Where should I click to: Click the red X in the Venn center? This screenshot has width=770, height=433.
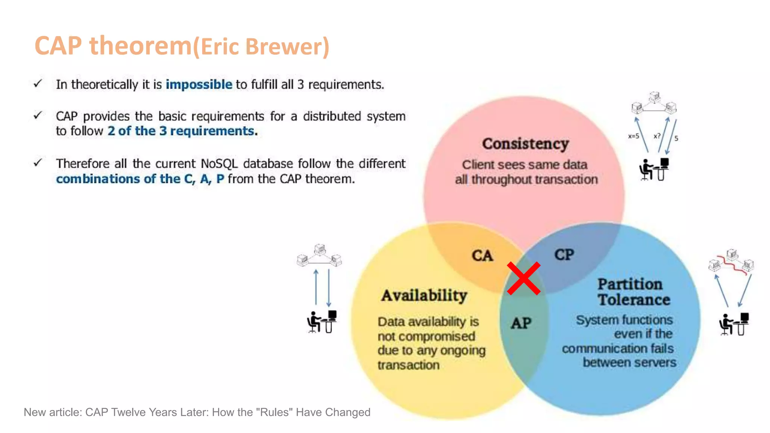523,279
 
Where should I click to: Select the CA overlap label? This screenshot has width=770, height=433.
482,256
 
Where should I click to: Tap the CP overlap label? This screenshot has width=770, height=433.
564,254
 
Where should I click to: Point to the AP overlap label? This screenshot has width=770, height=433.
521,323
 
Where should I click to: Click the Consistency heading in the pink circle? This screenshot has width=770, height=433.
525,144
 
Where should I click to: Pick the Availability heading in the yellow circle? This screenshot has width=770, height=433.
424,295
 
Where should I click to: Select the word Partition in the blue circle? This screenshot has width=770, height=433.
630,284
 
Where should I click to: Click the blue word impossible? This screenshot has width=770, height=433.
199,85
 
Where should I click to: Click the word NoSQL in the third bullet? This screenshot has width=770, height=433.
219,164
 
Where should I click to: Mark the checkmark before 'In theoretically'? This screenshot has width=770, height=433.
38,83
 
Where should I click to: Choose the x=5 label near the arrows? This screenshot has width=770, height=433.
634,136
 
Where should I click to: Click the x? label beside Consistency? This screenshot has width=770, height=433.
657,136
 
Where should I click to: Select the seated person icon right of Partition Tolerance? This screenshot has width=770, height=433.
734,324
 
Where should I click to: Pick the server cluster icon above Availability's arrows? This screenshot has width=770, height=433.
319,255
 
